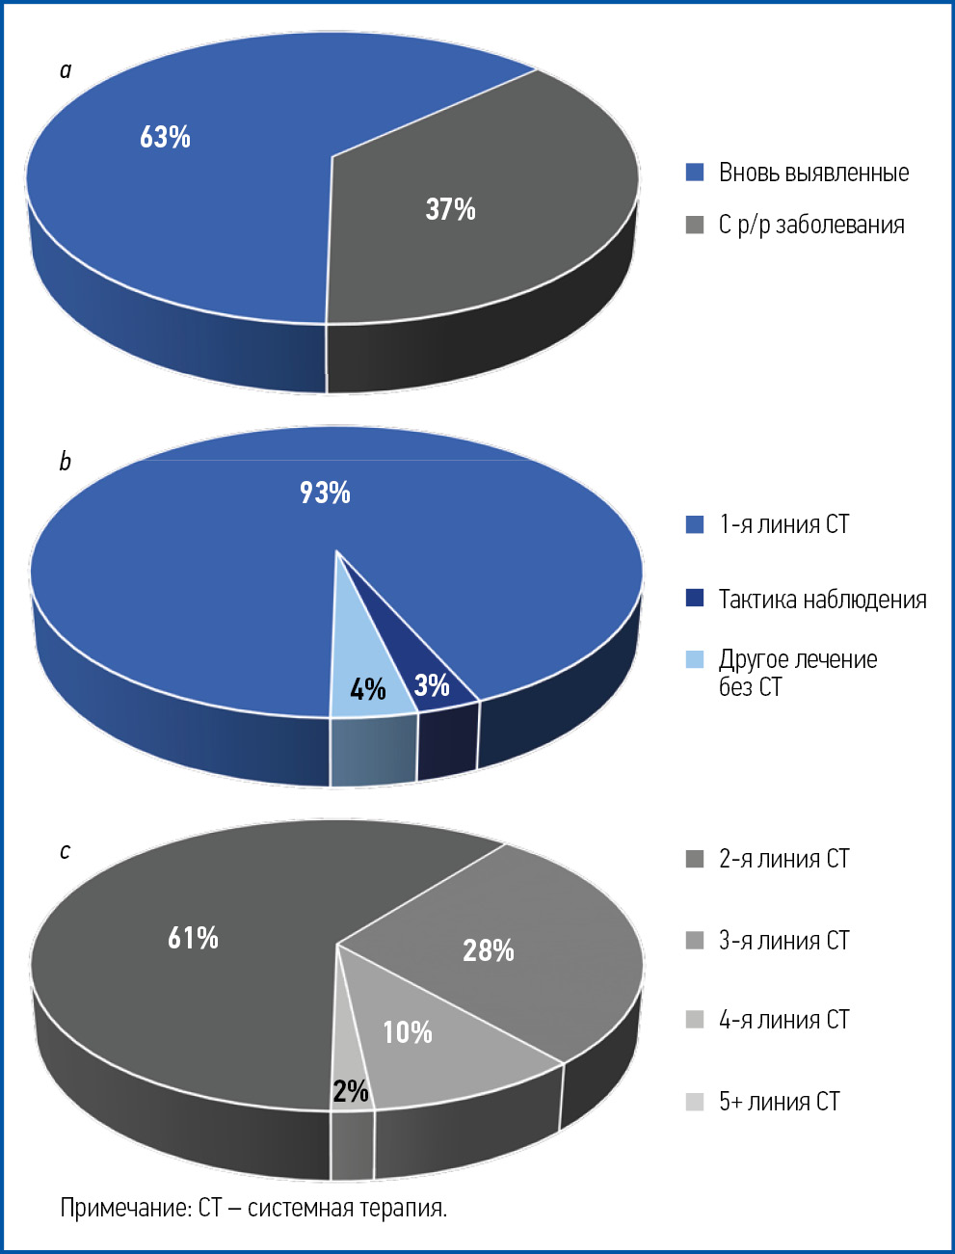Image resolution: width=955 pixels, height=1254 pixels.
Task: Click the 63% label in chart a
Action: (x=165, y=137)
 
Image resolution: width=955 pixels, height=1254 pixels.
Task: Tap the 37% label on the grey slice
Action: (x=450, y=209)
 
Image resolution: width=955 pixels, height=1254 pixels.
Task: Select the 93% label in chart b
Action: (x=325, y=493)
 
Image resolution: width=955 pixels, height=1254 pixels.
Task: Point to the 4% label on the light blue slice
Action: (x=368, y=689)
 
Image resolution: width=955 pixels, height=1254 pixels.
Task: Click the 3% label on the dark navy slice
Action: (x=432, y=685)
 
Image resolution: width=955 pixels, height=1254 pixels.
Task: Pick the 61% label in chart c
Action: (x=193, y=938)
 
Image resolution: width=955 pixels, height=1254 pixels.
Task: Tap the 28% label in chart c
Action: (x=489, y=951)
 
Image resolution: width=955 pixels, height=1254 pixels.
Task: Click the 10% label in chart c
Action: (x=407, y=1032)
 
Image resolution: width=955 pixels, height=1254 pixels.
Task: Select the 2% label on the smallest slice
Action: (x=351, y=1091)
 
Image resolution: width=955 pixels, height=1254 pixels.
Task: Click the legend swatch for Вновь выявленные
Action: (x=695, y=173)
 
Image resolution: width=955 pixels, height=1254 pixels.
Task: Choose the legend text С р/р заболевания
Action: (x=811, y=225)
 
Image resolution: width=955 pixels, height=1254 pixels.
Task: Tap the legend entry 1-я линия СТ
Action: (x=783, y=524)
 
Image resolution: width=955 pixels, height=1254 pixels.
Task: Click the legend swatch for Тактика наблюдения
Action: (x=695, y=599)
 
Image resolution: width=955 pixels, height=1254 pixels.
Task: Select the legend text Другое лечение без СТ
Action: (x=798, y=673)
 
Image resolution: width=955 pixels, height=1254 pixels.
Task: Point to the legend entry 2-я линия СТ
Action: (x=783, y=859)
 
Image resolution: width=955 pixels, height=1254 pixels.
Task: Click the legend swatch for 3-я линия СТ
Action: (x=695, y=941)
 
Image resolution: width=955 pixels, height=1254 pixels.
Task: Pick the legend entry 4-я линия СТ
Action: (x=783, y=1020)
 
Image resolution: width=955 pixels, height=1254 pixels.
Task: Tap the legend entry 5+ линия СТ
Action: (x=779, y=1102)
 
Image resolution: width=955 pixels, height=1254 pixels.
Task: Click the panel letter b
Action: (x=65, y=462)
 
